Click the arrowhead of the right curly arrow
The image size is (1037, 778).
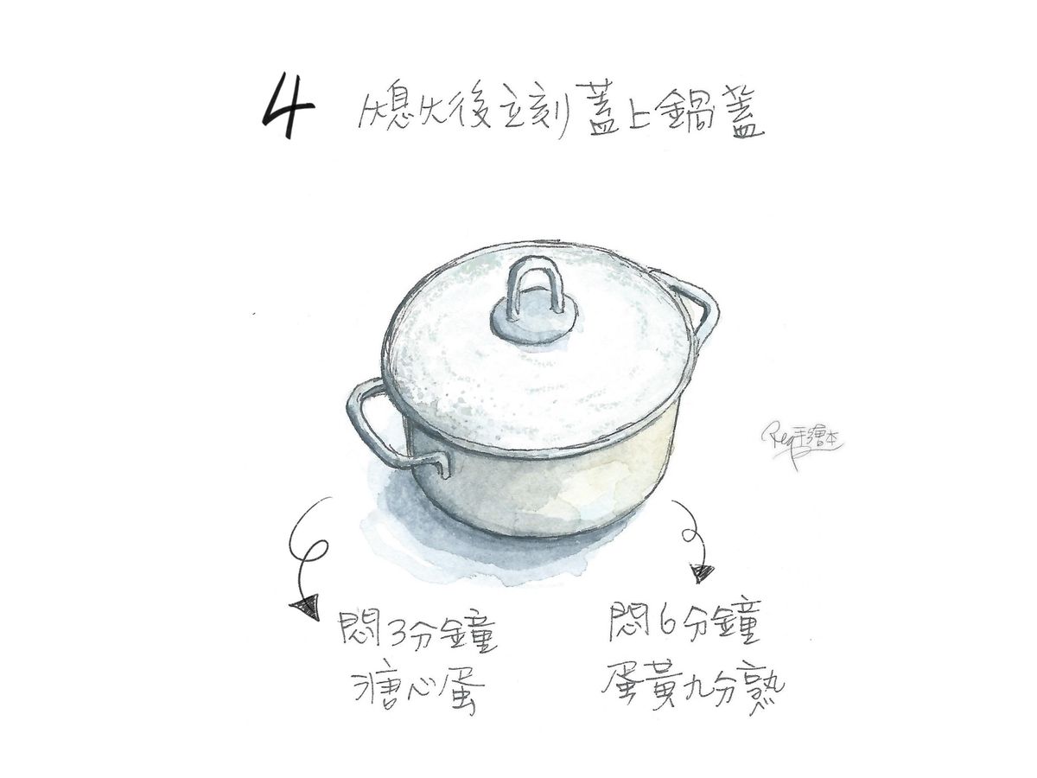pyautogui.click(x=703, y=573)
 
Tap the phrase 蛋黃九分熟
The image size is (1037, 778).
pyautogui.click(x=692, y=684)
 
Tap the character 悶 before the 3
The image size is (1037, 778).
pyautogui.click(x=360, y=631)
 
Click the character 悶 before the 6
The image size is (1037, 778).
pyautogui.click(x=631, y=622)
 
